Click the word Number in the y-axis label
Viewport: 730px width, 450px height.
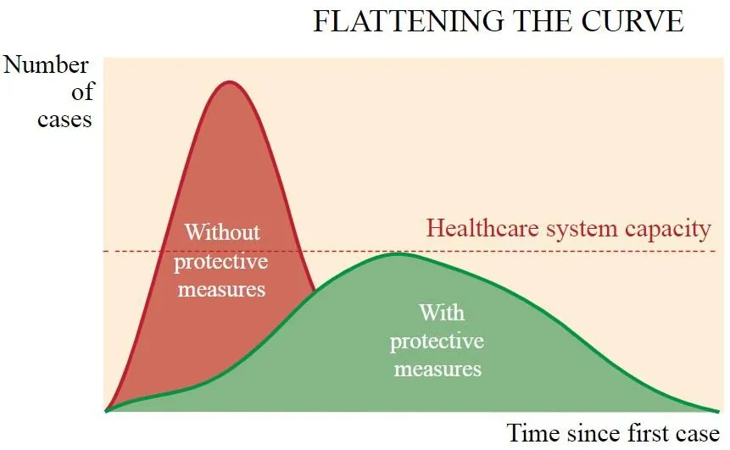[46, 64]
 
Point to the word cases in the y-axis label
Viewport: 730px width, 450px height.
[64, 119]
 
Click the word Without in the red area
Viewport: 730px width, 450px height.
[222, 231]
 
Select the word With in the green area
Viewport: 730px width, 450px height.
[442, 312]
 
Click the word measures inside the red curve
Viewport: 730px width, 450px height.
[221, 290]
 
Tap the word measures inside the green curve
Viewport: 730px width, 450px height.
[437, 369]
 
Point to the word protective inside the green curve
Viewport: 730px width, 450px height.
[437, 342]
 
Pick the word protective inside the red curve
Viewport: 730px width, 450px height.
[221, 263]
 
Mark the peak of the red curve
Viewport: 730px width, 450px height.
[229, 82]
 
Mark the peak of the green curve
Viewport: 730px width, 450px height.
[397, 253]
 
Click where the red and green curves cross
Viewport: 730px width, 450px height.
[315, 290]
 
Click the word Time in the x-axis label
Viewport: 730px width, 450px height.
[533, 433]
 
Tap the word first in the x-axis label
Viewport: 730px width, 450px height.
[649, 433]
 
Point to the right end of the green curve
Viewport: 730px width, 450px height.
[719, 411]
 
